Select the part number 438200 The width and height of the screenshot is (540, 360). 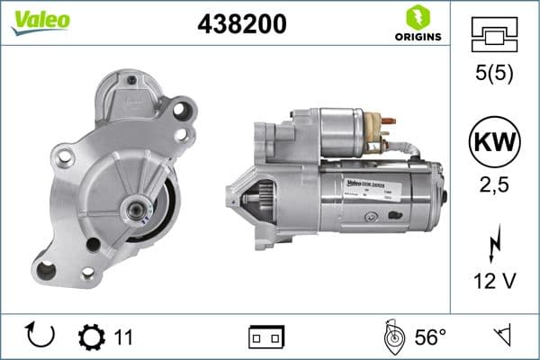(241, 24)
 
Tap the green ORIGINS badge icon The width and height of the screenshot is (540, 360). (417, 17)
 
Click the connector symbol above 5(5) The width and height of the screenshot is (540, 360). (494, 37)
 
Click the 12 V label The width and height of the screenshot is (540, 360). (494, 282)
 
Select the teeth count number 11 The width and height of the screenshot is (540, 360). (123, 337)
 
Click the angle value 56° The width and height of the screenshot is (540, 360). (430, 337)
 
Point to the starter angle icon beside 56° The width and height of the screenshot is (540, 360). (393, 337)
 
